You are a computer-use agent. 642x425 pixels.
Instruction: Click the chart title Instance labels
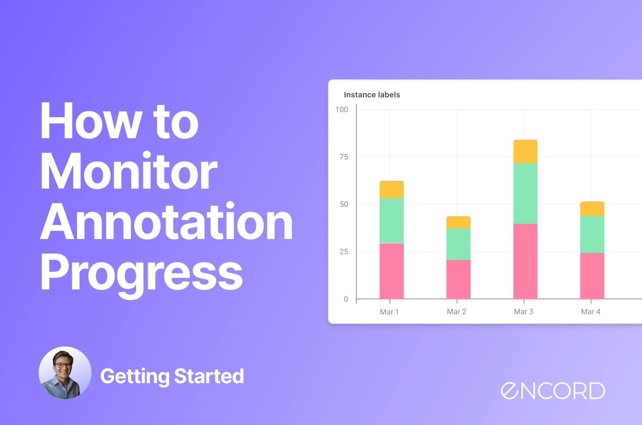point(372,95)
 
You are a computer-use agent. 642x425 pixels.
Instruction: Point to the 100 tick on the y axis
point(342,110)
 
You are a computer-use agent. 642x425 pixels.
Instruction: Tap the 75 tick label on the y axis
point(344,157)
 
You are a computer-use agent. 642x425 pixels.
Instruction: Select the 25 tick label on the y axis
point(344,252)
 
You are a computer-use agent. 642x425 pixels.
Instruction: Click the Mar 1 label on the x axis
point(389,312)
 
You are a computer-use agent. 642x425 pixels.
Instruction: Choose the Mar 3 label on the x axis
point(524,312)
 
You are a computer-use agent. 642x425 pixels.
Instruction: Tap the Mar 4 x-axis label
point(591,312)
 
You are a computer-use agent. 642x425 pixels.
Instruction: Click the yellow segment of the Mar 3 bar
point(525,151)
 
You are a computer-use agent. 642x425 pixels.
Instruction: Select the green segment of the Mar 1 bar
point(391,221)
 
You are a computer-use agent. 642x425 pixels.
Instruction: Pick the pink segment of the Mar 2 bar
point(458,280)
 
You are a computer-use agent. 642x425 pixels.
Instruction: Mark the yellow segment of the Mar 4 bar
point(592,209)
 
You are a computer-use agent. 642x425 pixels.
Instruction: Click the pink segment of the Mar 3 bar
point(525,261)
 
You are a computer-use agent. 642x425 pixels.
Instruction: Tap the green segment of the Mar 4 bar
point(592,235)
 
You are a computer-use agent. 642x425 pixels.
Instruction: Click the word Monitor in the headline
point(129,171)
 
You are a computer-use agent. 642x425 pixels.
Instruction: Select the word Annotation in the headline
point(166,221)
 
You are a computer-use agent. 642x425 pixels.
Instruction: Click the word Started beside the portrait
point(209,376)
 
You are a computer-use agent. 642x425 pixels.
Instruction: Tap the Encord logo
point(553,390)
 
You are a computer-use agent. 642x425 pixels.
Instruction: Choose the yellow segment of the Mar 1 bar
point(391,190)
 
